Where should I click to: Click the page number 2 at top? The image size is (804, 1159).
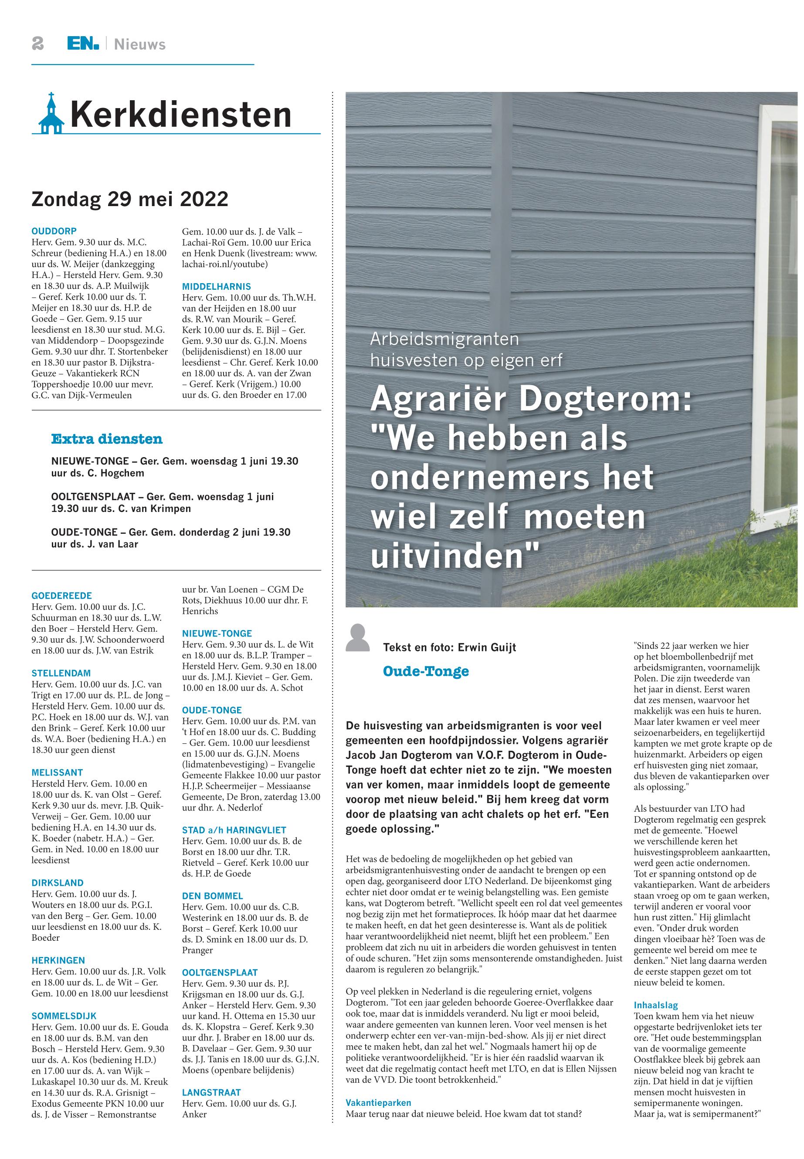point(37,44)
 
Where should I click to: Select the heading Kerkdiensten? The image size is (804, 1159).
point(181,115)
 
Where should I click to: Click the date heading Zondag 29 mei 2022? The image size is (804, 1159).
point(129,200)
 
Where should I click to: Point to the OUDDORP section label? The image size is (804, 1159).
point(54,231)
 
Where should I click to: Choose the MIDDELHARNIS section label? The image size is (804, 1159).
point(216,287)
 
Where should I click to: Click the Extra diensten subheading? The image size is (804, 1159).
point(107,439)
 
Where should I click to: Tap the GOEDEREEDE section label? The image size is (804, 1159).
point(61,596)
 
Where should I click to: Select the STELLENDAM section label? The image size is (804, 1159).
point(61,674)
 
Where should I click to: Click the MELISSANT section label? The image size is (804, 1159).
point(57,773)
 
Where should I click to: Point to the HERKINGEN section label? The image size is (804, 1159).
point(58,961)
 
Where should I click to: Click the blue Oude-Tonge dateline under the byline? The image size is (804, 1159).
point(426,671)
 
